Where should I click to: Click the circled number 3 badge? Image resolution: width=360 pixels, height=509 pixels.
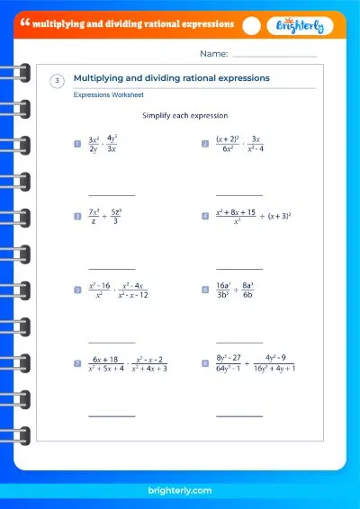(57, 82)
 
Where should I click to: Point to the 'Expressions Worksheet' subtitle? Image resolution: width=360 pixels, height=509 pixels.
(108, 94)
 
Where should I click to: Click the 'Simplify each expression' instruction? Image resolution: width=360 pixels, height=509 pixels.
(185, 116)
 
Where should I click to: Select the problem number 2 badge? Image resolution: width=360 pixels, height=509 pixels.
(205, 143)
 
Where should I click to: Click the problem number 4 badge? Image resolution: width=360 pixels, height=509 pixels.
(205, 217)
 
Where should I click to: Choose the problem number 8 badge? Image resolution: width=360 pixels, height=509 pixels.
(205, 363)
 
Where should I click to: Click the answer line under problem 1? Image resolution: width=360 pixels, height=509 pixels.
(112, 195)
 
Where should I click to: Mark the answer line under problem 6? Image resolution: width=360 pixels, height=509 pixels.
(239, 342)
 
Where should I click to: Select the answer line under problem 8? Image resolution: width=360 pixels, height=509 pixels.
(239, 415)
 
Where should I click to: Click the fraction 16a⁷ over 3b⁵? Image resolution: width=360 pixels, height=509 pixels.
(226, 290)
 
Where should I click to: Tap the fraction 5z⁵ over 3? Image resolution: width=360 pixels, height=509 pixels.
(126, 217)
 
